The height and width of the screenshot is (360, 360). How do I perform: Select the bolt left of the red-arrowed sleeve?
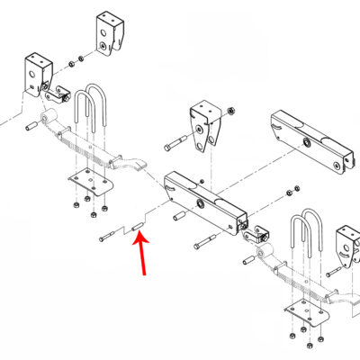tap(108, 236)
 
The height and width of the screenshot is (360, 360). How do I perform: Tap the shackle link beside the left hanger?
tap(60, 94)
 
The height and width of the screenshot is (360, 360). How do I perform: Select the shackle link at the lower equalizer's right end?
tap(257, 235)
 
